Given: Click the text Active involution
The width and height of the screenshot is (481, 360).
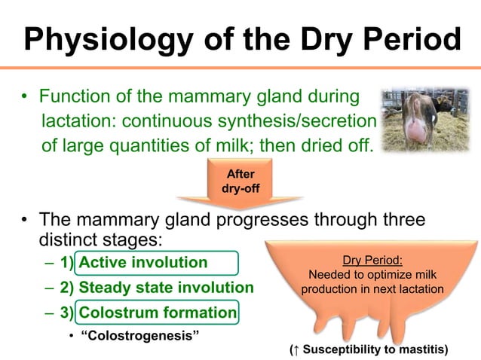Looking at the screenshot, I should (x=142, y=263).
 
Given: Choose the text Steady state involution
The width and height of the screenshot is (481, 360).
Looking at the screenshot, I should (x=166, y=288).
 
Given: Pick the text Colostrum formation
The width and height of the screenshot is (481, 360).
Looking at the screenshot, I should (x=158, y=313).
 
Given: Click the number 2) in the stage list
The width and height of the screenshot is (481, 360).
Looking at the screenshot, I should (x=66, y=288).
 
